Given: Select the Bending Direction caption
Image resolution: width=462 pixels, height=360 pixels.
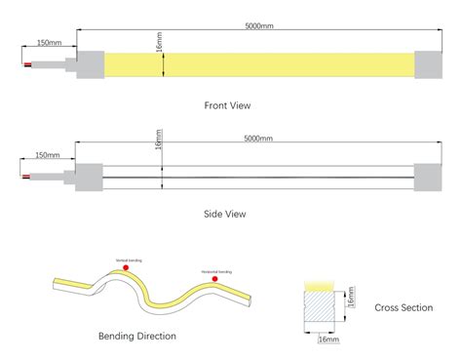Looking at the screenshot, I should coord(136,336).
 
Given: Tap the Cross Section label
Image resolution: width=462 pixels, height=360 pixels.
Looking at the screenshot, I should coord(404,307).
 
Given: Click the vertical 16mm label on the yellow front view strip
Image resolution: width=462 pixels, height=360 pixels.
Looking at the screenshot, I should coord(159,44).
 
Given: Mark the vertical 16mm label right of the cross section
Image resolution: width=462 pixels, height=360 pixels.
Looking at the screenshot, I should coord(352,296).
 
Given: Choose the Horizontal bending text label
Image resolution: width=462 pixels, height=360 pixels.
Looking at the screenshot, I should coord(216,271).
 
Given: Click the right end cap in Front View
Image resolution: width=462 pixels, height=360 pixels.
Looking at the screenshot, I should coord(430,64).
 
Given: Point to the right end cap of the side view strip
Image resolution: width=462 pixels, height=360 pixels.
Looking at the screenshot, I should coord(430,178).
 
